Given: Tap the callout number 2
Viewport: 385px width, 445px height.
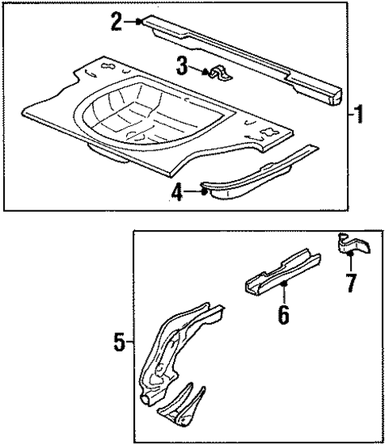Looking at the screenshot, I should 117,21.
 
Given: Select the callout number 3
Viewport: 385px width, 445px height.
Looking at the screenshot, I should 183,67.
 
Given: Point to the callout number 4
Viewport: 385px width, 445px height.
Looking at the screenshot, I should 179,193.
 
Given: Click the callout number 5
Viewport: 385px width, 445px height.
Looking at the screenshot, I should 120,343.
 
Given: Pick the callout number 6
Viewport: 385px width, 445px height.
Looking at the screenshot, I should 283,313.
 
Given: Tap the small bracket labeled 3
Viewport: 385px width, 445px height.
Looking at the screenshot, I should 219,75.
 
